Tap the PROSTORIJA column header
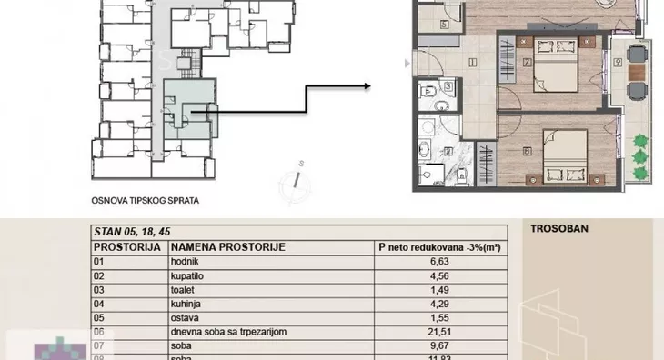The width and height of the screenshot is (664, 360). (128, 246)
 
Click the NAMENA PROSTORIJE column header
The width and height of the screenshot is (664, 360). (228, 246)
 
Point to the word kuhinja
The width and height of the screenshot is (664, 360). (186, 304)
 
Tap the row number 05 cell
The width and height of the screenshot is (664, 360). (100, 318)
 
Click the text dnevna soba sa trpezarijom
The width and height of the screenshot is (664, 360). (228, 332)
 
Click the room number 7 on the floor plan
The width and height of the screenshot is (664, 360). (528, 63)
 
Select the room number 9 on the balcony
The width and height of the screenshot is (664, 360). (618, 63)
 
